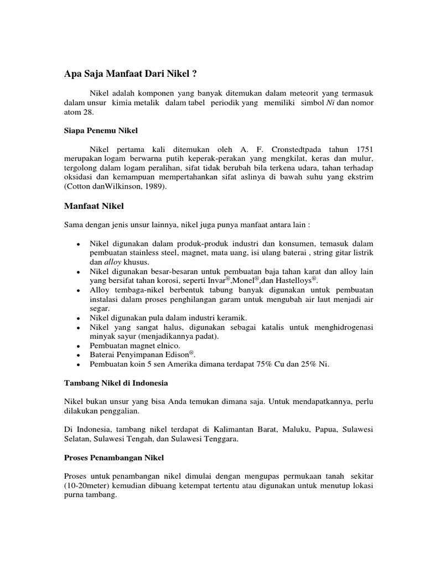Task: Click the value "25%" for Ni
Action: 304,364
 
